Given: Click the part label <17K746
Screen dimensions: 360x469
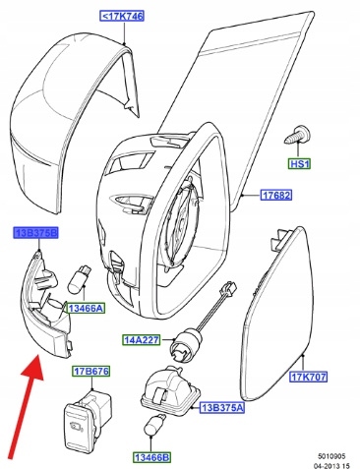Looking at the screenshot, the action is coord(122,16).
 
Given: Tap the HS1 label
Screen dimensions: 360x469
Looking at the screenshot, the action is coord(299,163).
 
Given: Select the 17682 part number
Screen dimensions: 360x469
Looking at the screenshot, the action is coord(276,196).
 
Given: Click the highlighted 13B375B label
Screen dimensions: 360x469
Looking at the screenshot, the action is coord(35,233).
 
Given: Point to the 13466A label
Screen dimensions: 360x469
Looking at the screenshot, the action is coord(86,308).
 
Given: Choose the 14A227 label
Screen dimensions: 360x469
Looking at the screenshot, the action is coord(142,340).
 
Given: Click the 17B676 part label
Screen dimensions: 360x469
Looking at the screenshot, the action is coord(90,372).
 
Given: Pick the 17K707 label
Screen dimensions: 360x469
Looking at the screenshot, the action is coord(309,377).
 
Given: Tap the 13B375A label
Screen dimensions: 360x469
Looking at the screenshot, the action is coord(222,408).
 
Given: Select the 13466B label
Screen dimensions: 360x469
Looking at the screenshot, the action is coord(152,457).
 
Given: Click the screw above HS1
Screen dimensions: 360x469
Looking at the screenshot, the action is coord(298,135).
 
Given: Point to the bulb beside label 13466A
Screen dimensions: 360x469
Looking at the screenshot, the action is coord(80,279).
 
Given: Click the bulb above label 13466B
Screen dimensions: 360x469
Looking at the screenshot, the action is coord(153,426).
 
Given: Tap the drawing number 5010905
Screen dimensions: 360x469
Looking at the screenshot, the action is coord(331,456).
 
